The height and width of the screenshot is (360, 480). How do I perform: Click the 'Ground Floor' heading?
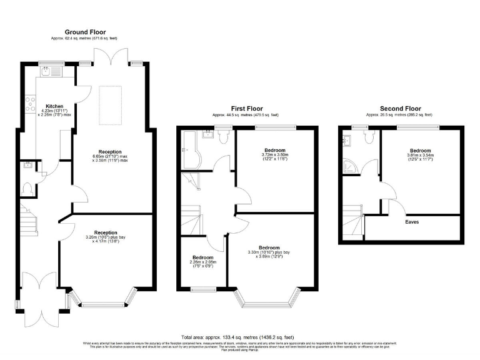tap(86, 32)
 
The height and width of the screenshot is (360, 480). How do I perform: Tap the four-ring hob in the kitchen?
tap(29, 102)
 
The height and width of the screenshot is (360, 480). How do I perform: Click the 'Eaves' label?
tap(412, 222)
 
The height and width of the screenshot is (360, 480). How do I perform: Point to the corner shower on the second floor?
tap(349, 166)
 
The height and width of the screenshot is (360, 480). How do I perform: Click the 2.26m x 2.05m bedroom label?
tap(202, 261)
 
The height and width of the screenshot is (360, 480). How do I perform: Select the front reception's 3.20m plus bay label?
tap(106, 237)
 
